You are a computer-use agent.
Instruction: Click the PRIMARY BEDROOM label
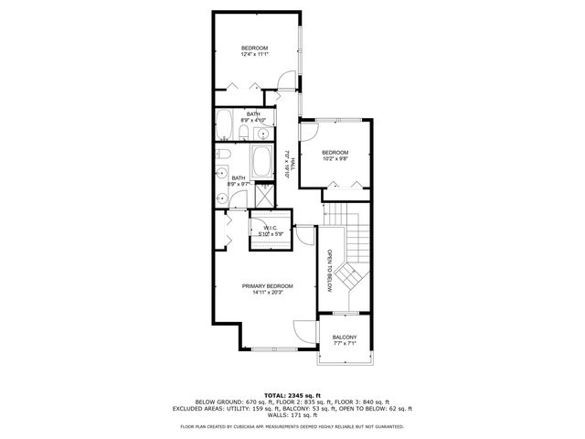(x=267, y=286)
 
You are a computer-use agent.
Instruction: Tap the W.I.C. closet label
(x=271, y=227)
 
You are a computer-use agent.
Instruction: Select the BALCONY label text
(x=345, y=337)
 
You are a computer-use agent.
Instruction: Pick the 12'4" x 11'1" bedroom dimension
(x=255, y=54)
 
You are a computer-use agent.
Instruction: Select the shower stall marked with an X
(x=264, y=193)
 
